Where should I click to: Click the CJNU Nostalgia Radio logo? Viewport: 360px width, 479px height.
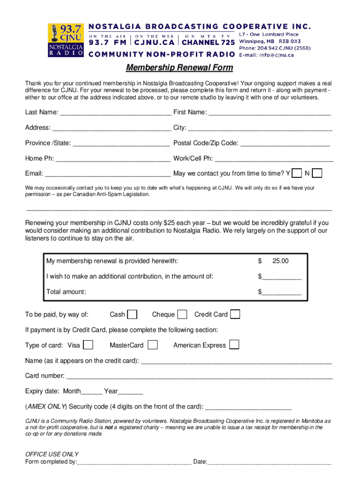(x=66, y=40)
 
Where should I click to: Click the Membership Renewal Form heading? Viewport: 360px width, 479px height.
(x=180, y=68)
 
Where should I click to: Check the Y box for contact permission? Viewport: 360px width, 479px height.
(x=296, y=174)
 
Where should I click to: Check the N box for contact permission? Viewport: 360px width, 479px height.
(x=317, y=174)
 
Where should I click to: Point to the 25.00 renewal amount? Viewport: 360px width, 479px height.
(x=280, y=261)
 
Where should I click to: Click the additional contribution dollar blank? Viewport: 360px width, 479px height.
(x=281, y=277)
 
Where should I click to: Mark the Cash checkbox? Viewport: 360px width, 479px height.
(x=133, y=314)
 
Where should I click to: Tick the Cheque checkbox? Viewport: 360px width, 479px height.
(x=182, y=314)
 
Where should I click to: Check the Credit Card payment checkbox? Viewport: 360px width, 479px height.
(x=235, y=314)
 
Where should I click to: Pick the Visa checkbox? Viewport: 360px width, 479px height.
(x=88, y=345)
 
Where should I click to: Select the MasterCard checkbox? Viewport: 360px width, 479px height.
(x=152, y=345)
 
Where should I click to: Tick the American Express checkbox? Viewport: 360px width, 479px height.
(x=234, y=345)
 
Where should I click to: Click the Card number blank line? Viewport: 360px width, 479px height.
(x=200, y=377)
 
